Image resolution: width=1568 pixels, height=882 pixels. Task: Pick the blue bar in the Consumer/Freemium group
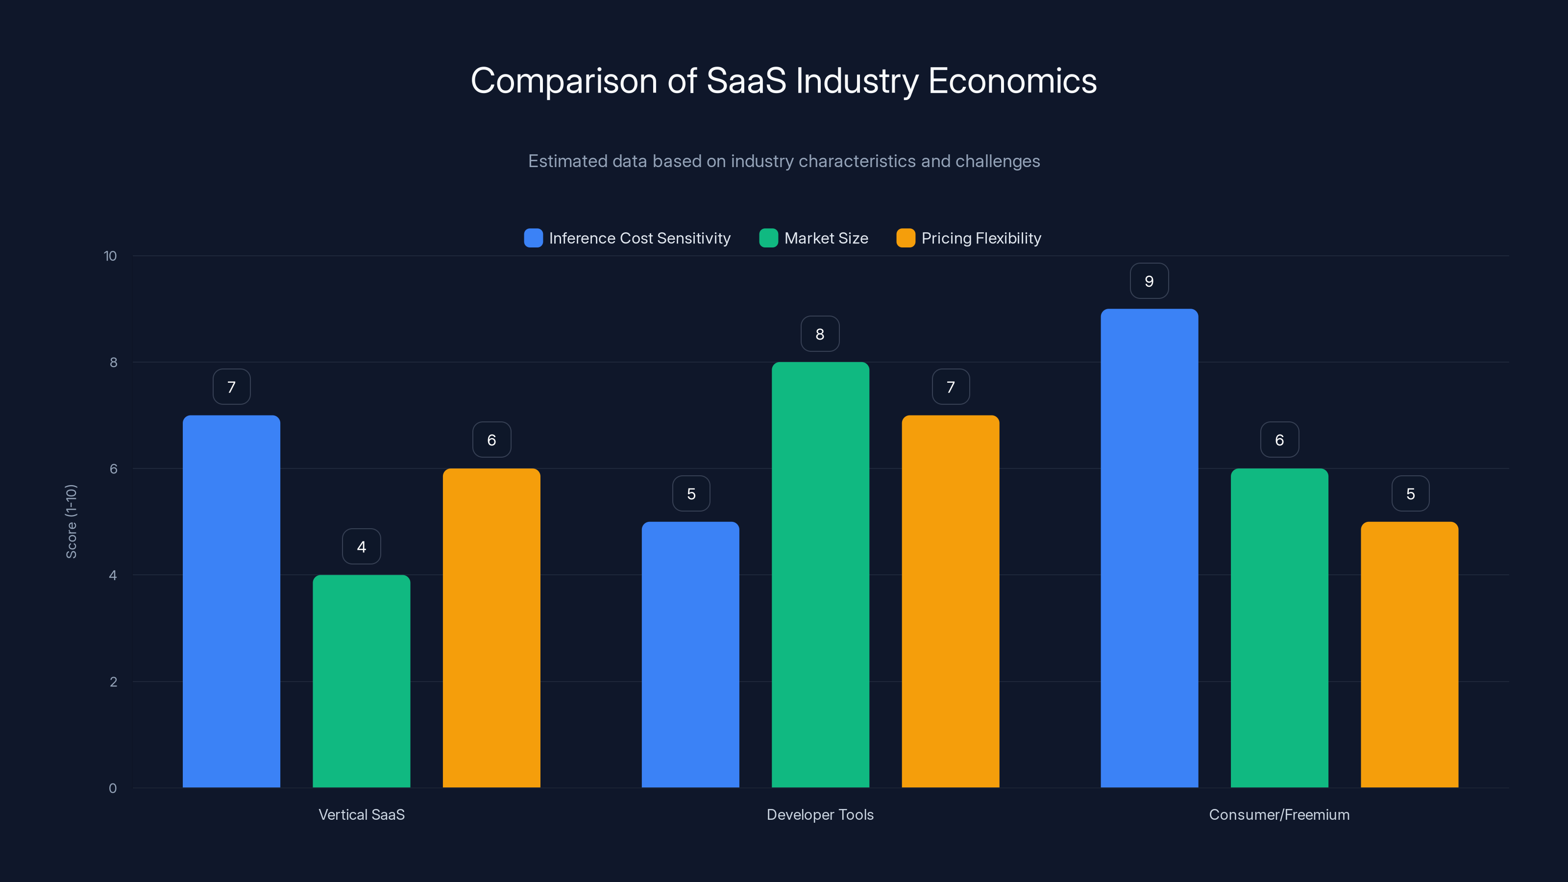[x=1149, y=548]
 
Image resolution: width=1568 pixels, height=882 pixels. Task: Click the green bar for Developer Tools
[x=820, y=575]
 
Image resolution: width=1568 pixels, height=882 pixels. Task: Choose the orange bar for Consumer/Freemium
[x=1409, y=654]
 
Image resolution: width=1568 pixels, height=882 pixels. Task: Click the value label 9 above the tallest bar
[x=1149, y=281]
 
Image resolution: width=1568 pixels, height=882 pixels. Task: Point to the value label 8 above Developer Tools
[x=820, y=334]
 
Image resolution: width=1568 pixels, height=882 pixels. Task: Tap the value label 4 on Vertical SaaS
[x=361, y=547]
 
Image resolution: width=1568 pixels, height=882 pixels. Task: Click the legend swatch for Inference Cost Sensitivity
[x=533, y=238]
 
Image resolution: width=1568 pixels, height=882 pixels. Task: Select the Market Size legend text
[x=826, y=238]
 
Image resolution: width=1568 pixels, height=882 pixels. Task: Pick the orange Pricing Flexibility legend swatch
[x=906, y=238]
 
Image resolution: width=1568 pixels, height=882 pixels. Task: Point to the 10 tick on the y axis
[x=110, y=256]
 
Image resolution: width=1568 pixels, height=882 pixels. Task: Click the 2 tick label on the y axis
[x=113, y=682]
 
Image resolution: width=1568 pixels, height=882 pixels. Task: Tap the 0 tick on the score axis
[x=113, y=788]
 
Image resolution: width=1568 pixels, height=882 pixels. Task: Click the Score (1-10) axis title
[x=71, y=522]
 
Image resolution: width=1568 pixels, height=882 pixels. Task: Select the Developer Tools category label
[x=820, y=814]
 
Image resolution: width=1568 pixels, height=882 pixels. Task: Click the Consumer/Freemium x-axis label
[x=1279, y=814]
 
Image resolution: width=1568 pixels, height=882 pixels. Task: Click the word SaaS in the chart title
[x=746, y=81]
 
